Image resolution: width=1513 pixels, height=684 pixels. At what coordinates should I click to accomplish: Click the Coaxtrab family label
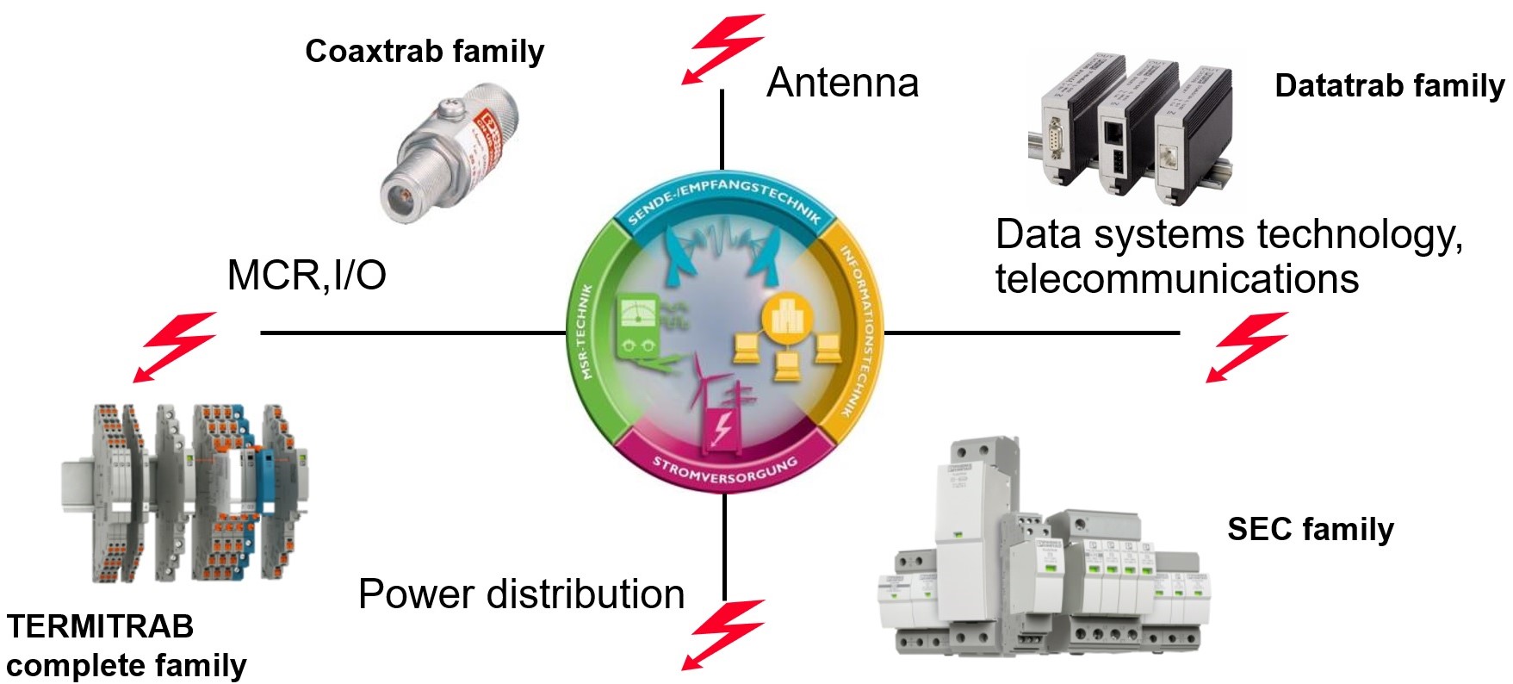(425, 52)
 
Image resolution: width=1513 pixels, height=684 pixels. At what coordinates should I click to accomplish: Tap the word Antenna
(842, 83)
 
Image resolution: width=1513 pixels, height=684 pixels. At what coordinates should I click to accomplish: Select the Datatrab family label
(1389, 86)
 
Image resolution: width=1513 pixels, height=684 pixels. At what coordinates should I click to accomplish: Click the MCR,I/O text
(306, 275)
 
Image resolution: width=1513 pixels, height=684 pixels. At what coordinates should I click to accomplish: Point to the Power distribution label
(521, 594)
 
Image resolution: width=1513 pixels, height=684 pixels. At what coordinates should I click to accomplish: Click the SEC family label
(1310, 529)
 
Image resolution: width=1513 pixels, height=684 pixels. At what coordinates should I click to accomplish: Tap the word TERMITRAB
(100, 626)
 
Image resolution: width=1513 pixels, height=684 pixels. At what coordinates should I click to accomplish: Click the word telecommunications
(1176, 279)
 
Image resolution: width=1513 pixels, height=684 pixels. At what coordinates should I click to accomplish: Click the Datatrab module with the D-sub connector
(1064, 129)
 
